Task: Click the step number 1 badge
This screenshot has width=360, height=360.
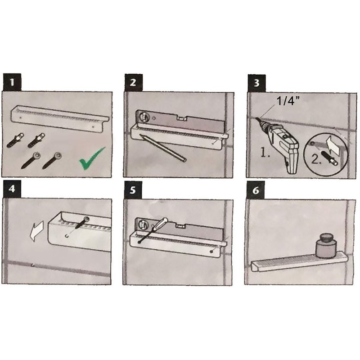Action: (12, 82)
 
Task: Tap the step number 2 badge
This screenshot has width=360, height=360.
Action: (134, 83)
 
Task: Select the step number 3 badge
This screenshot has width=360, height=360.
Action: (256, 83)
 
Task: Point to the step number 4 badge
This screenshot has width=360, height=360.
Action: (12, 189)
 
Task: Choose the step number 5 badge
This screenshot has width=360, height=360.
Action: (133, 190)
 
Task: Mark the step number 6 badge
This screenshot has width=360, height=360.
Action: (256, 190)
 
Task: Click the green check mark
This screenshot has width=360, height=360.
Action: (92, 158)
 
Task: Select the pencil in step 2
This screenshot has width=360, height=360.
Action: (162, 148)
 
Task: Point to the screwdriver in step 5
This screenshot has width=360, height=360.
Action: (153, 230)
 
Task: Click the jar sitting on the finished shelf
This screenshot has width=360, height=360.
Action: (326, 246)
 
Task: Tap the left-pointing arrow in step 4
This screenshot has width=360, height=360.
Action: (37, 231)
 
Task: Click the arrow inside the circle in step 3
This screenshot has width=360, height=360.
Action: (333, 145)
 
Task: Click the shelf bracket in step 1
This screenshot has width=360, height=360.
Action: (60, 119)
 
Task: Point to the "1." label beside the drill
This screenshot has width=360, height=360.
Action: (265, 152)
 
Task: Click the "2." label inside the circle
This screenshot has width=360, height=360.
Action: (316, 159)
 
